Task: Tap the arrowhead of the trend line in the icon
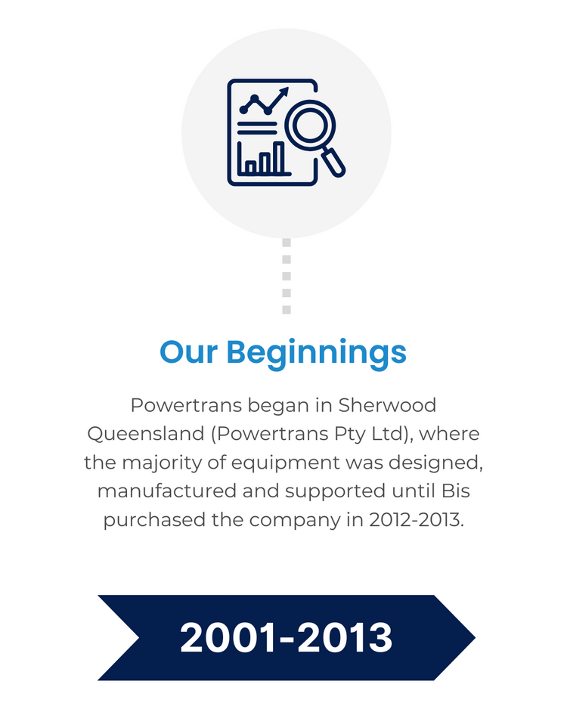click(x=284, y=91)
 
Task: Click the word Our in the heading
click(x=189, y=352)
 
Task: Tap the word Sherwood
click(x=387, y=405)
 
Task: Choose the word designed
click(x=441, y=463)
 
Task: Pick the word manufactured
click(x=167, y=491)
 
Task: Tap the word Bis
click(x=454, y=491)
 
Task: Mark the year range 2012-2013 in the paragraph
click(x=420, y=521)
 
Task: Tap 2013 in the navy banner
click(x=346, y=639)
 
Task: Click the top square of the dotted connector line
click(x=287, y=243)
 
